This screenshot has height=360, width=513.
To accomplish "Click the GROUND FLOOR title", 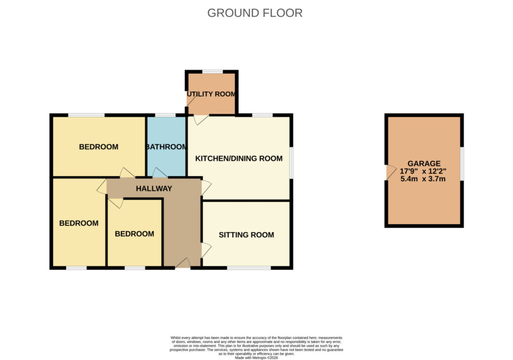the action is point(255,13).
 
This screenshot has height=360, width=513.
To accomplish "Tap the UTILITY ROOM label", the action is point(211,94).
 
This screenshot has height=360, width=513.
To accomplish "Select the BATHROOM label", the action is point(166,147).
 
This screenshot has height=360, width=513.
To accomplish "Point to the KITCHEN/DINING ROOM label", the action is point(239,158).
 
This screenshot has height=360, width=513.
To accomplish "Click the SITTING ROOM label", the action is point(246,235).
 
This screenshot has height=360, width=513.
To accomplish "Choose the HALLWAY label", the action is point(154,189).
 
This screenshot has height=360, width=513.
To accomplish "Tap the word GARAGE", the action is point(424,163).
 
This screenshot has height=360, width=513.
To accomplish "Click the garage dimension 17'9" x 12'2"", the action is point(423,171).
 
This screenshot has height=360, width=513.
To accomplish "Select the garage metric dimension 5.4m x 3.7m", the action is point(423,179).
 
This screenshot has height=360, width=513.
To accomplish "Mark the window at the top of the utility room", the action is point(212,72).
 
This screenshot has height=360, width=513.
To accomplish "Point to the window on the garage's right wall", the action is point(462,164).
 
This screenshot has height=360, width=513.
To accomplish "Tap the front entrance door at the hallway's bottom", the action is point(183,263).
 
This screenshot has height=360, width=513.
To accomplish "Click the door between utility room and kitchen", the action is point(201,120).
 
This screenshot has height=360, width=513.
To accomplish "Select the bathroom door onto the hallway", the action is point(160,173).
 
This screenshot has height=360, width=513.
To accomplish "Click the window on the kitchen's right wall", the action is point(291,163).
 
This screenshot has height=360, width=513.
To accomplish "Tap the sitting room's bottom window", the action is point(249,268).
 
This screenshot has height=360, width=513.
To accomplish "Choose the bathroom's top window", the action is point(165,115).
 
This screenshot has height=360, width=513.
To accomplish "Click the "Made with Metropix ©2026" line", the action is point(256,358).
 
